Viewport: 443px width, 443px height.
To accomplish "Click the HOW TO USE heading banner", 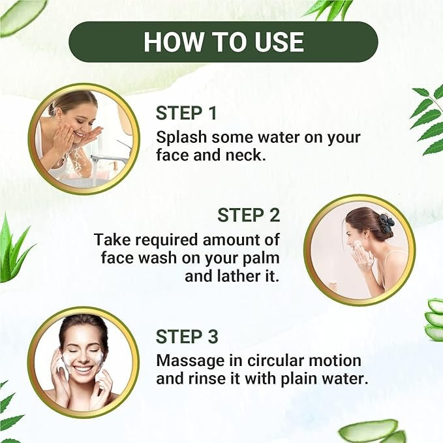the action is pos(223,42).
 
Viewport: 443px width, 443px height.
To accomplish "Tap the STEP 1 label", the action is pos(186,114).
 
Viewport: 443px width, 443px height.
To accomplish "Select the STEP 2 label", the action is pos(249,215).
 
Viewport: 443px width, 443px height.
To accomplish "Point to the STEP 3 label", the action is pos(187,337).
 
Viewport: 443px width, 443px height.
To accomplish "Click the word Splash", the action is pos(181,138).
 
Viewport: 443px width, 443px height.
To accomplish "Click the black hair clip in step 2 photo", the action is pos(386,223).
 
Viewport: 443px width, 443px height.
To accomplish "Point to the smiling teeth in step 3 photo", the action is pos(84,369).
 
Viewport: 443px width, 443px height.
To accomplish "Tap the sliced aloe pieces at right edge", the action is pos(435,319).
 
